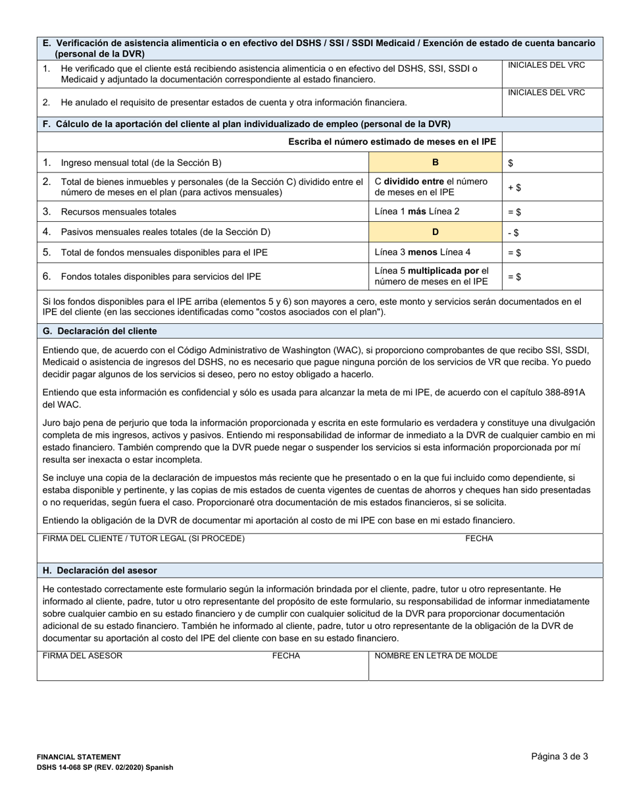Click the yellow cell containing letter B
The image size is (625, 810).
434,162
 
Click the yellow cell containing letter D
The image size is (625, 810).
434,232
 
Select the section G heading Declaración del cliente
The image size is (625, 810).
100,331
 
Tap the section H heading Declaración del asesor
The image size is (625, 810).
100,570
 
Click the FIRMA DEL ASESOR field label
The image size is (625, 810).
82,656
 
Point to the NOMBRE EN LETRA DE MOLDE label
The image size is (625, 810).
436,656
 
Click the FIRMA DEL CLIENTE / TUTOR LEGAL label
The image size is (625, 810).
143,539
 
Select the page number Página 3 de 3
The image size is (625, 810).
559,757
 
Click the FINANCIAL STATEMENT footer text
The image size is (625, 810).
79,757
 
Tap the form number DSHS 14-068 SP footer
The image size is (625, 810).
105,767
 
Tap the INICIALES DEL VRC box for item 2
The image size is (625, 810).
552,102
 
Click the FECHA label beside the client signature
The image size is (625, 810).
479,539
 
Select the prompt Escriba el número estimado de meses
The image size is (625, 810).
392,142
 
